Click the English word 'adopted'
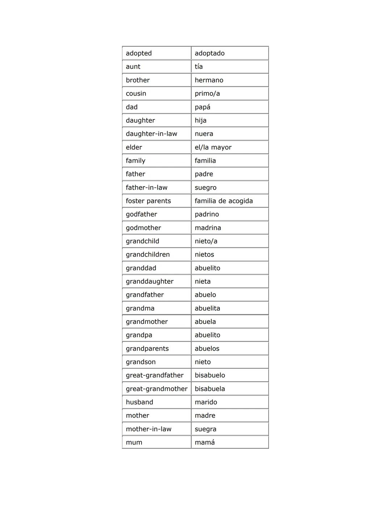click(139, 53)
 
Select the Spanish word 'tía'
click(199, 67)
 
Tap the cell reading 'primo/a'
click(207, 93)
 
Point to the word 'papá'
click(202, 107)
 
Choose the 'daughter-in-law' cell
click(151, 134)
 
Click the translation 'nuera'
click(204, 134)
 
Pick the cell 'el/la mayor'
click(213, 147)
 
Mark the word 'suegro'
click(205, 188)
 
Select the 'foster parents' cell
click(148, 201)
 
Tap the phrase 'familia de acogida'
click(224, 201)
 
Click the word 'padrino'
click(207, 214)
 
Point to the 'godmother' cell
click(143, 228)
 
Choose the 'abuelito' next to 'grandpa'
click(207, 335)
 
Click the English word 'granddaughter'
click(150, 281)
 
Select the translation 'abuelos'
click(207, 348)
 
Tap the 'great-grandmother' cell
click(156, 389)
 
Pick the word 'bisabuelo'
click(210, 375)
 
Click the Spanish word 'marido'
click(206, 402)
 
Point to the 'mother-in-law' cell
click(148, 429)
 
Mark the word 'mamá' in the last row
click(205, 442)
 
